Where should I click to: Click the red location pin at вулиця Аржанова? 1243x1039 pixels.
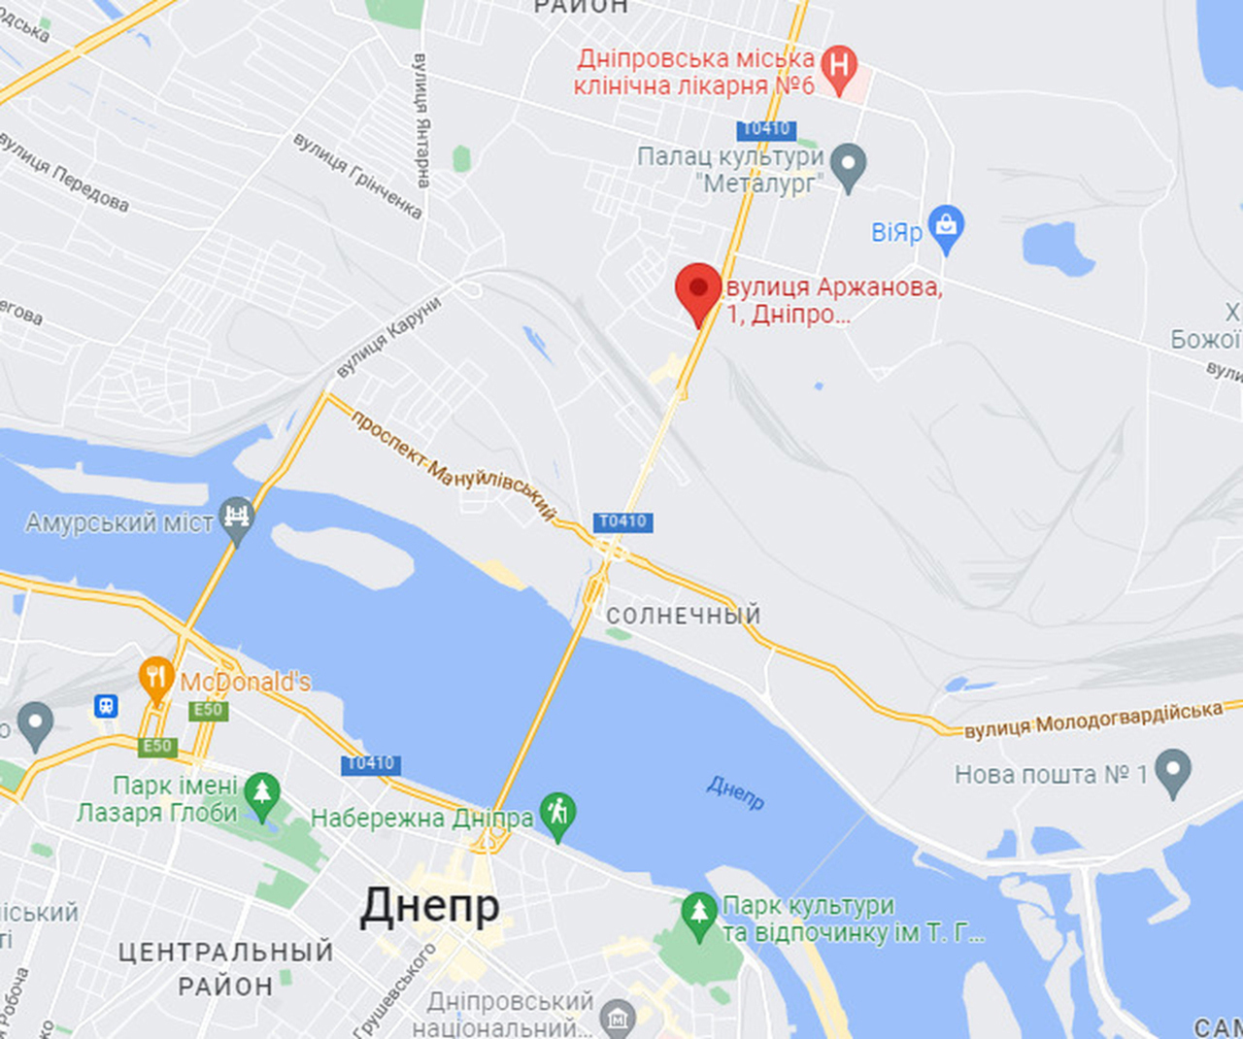pos(698,288)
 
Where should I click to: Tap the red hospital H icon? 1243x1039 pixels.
pos(838,67)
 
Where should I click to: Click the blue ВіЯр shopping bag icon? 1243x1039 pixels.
pos(946,226)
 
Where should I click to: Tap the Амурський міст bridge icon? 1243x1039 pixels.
pos(236,516)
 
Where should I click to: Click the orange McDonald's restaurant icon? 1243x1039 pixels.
pos(155,678)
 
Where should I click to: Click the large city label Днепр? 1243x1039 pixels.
pos(429,906)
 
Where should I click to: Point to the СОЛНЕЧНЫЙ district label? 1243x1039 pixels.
pos(683,616)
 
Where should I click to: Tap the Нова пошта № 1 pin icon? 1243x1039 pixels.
pos(1172,771)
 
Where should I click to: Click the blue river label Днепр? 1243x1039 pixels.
pos(735,792)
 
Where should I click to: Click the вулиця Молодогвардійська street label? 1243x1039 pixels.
pos(1092,720)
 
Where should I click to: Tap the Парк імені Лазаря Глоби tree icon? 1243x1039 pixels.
pos(261,793)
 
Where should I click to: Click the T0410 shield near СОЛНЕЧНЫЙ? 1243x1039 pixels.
pos(622,521)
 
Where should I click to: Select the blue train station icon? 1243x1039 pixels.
pos(106,706)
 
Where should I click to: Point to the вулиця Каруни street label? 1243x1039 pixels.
pos(388,336)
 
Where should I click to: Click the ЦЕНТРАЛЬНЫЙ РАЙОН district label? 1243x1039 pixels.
pos(225,968)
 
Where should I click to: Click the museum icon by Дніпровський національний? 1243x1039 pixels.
pos(618,1019)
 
